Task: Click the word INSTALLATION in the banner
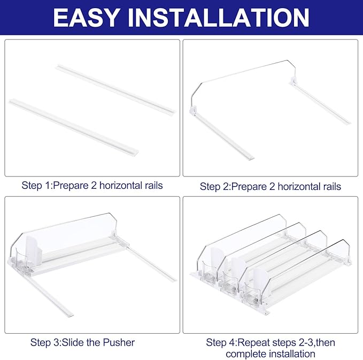pyautogui.click(x=218, y=18)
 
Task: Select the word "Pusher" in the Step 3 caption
pyautogui.click(x=119, y=342)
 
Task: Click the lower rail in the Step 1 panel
pyautogui.click(x=74, y=128)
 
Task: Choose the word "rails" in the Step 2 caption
pyautogui.click(x=332, y=187)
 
